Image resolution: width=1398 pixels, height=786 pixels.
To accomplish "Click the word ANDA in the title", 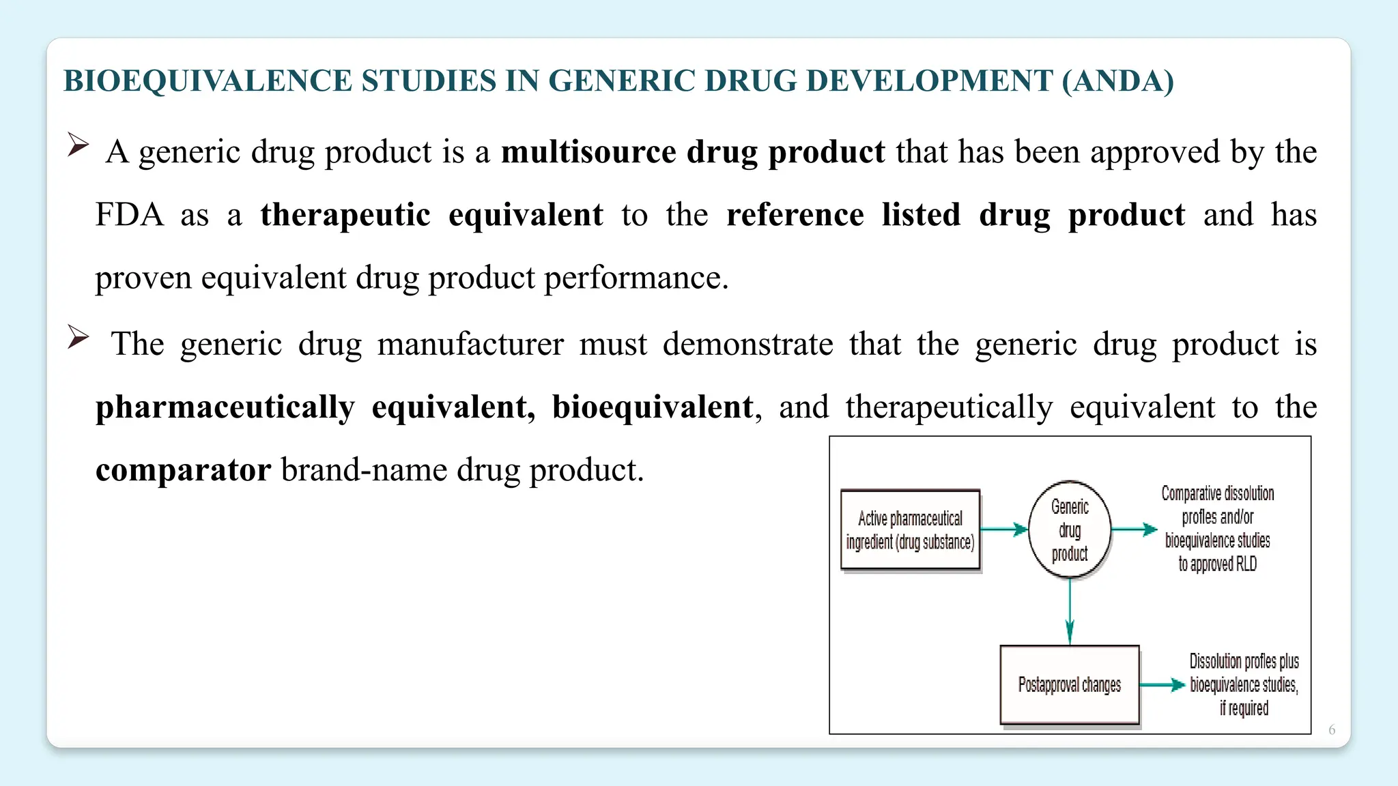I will point(1117,81).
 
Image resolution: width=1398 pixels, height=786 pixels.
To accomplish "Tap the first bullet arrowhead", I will point(78,145).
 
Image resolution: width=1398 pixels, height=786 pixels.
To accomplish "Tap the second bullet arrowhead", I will point(78,338).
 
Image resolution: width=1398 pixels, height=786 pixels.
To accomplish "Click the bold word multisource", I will point(588,151).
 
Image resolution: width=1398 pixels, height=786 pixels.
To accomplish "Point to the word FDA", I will point(129,215).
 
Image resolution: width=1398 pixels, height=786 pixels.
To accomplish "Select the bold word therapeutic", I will point(345,215).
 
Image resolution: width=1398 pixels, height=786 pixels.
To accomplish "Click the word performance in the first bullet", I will point(636,278).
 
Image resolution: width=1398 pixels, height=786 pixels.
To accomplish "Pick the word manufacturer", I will point(470,344).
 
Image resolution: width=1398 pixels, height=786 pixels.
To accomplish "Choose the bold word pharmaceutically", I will point(225,407).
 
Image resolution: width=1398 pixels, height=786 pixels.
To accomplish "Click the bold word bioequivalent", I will point(652,407).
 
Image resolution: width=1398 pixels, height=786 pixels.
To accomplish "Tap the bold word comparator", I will point(183,470).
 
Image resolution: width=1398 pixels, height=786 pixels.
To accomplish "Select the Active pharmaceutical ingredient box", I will point(911,530).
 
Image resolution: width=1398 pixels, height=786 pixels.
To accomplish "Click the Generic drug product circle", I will point(1070,530).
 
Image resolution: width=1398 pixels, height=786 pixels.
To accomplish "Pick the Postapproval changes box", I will point(1070,684).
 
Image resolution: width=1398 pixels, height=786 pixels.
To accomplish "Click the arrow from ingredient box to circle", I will point(1004,529).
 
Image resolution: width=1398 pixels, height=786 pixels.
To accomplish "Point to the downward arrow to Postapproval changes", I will point(1070,611).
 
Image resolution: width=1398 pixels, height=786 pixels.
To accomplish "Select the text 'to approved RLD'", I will point(1217,564).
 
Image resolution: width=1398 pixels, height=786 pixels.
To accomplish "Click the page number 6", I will point(1332,730).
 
